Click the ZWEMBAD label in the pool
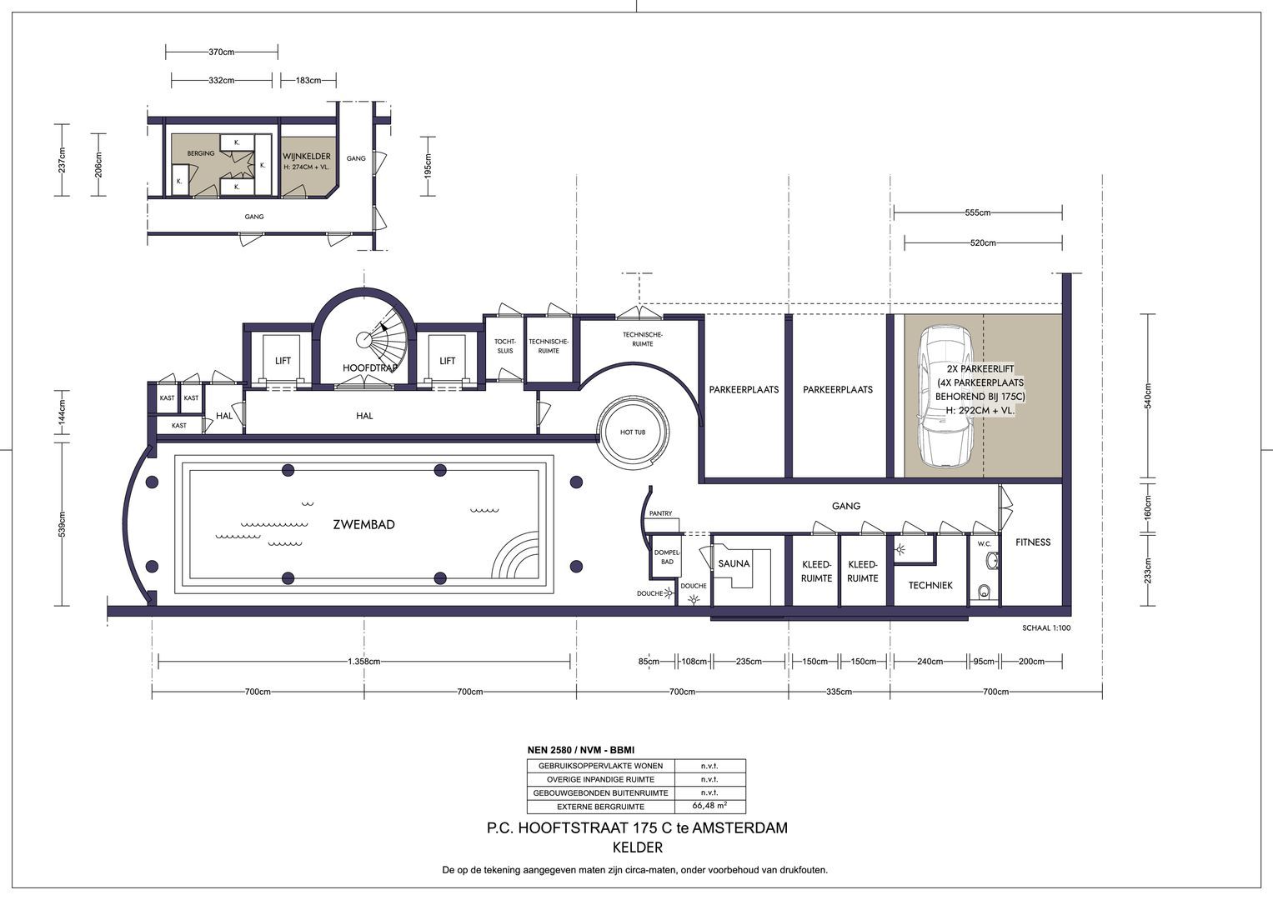(363, 525)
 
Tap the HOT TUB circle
(633, 432)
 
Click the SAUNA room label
(734, 563)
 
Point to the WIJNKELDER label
(306, 157)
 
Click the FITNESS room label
(1033, 542)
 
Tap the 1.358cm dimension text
(364, 662)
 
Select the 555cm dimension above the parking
(977, 212)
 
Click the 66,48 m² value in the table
(709, 806)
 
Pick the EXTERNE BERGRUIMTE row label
(600, 807)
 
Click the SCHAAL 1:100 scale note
(1045, 628)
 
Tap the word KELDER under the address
(637, 848)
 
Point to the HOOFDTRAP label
(368, 367)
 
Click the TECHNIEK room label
(930, 586)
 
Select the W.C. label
(984, 544)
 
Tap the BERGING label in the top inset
(201, 153)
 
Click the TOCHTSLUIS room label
(505, 346)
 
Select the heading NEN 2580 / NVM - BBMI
(581, 751)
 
